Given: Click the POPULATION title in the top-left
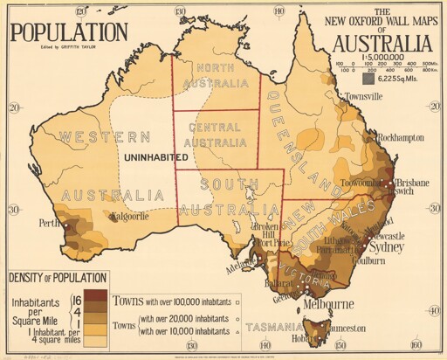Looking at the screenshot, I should click(69, 32).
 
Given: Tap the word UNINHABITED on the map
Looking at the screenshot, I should click(155, 157).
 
